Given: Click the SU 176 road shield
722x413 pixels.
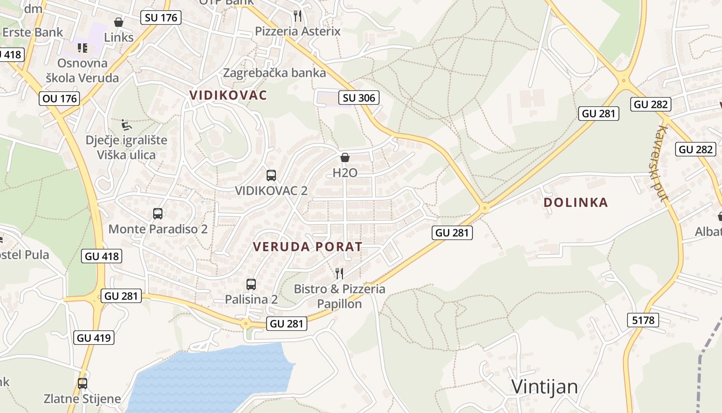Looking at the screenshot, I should [161, 18].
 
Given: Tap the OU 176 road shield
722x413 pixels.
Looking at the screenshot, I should [60, 98].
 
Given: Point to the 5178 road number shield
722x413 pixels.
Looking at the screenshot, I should [644, 320].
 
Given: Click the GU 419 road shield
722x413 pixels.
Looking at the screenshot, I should [94, 338].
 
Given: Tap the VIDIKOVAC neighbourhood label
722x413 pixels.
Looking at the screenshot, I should [228, 95].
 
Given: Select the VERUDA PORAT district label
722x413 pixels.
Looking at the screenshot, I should [307, 247].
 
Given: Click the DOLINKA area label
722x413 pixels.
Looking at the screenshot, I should [576, 202].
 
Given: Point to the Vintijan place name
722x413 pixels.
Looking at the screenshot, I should [545, 387].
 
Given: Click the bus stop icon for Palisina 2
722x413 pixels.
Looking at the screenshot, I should [251, 284].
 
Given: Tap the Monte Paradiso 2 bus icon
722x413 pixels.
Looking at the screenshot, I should [158, 214].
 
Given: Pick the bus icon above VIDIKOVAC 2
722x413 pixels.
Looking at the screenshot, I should [271, 176].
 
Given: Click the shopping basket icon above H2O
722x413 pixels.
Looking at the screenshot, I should [345, 157].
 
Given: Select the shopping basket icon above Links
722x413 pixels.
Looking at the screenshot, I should [119, 22].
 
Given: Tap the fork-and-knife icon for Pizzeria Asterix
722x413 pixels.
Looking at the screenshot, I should [298, 16].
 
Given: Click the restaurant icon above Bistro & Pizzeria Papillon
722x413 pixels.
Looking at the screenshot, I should [339, 273].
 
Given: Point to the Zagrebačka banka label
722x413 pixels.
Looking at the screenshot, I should [274, 73].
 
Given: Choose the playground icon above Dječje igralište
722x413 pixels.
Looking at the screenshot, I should [126, 125].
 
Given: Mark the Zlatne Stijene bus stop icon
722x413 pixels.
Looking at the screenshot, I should [83, 384].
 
